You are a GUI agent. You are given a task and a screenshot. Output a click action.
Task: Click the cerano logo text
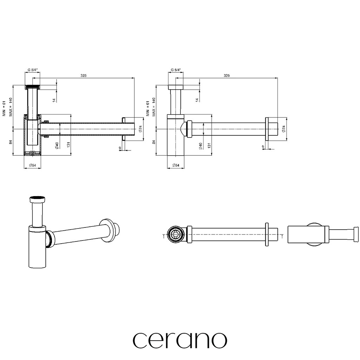180,340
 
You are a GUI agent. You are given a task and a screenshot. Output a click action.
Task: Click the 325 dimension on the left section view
83,75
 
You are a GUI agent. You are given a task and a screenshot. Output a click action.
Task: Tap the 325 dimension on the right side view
226,75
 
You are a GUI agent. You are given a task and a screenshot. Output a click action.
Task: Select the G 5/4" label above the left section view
32,70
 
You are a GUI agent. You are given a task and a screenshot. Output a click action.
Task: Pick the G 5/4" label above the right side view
176,70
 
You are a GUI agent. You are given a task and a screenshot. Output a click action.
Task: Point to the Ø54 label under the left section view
32,165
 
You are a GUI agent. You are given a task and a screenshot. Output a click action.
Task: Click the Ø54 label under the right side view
176,165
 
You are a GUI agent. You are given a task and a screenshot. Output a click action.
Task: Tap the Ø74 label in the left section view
140,129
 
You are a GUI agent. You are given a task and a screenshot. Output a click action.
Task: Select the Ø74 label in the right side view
284,129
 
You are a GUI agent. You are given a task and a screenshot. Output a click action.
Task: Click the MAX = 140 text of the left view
11,107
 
